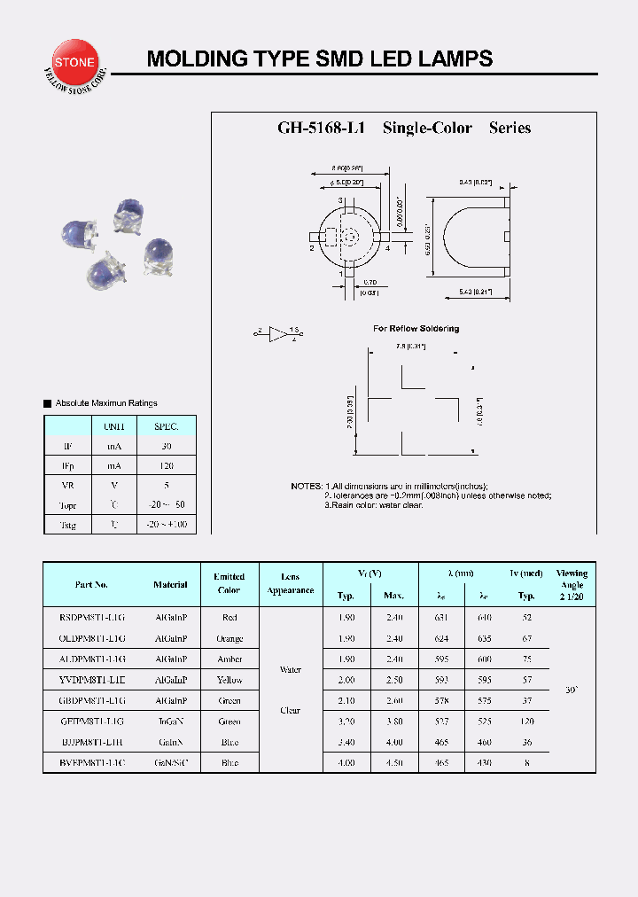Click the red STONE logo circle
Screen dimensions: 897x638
pyautogui.click(x=78, y=63)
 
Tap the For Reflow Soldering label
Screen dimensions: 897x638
pyautogui.click(x=416, y=329)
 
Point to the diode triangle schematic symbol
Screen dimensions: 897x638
pyautogui.click(x=277, y=334)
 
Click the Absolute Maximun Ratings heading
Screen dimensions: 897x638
pyautogui.click(x=105, y=403)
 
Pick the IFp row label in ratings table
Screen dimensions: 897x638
pyautogui.click(x=68, y=465)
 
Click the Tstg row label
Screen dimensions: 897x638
pyautogui.click(x=68, y=525)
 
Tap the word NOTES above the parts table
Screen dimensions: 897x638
pyautogui.click(x=307, y=487)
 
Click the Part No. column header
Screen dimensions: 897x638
pyautogui.click(x=91, y=584)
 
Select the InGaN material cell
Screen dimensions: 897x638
pyautogui.click(x=170, y=721)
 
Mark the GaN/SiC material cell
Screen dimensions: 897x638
pyautogui.click(x=170, y=762)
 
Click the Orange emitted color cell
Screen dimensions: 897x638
pyautogui.click(x=230, y=638)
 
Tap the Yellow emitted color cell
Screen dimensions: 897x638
pyautogui.click(x=230, y=680)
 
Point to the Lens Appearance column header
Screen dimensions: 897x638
pyautogui.click(x=291, y=583)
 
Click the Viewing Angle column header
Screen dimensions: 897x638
pyautogui.click(x=572, y=585)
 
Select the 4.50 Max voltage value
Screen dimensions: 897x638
pyautogui.click(x=393, y=762)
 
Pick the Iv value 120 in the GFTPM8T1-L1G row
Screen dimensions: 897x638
pyautogui.click(x=527, y=721)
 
